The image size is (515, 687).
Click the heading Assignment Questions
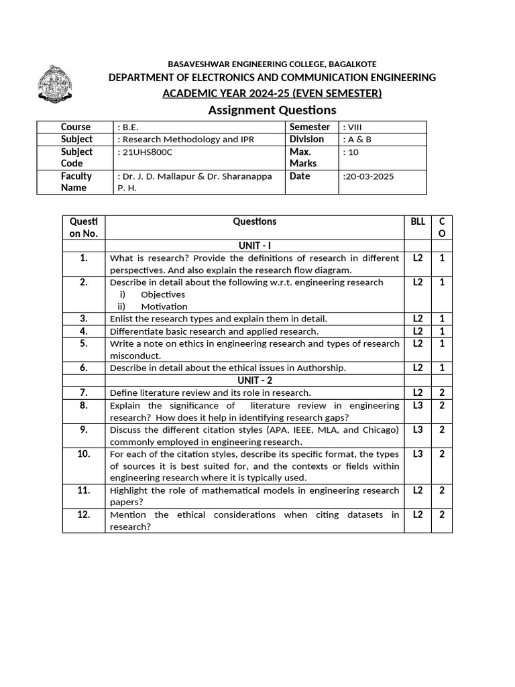(x=272, y=110)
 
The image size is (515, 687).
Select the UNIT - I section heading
(x=254, y=246)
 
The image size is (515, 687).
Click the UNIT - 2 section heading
(x=254, y=380)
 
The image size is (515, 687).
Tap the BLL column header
(x=418, y=222)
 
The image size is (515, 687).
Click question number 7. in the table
(x=83, y=392)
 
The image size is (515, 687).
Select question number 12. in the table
(x=83, y=515)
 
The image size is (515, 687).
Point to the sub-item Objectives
(x=162, y=295)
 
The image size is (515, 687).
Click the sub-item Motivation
(x=164, y=307)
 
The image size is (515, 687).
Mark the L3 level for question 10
(x=418, y=454)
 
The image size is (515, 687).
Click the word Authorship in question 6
(x=322, y=368)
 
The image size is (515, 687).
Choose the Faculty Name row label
(x=76, y=182)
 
